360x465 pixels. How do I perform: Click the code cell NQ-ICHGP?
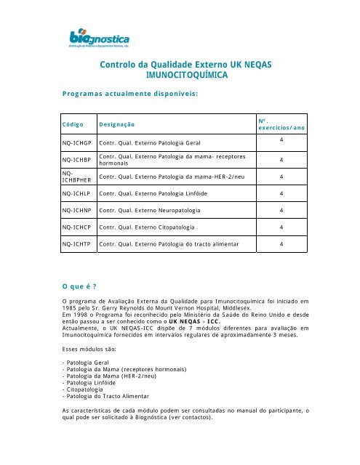coord(77,143)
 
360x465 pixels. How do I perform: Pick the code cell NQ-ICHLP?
coord(76,193)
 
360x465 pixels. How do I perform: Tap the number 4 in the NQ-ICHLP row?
coord(282,193)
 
